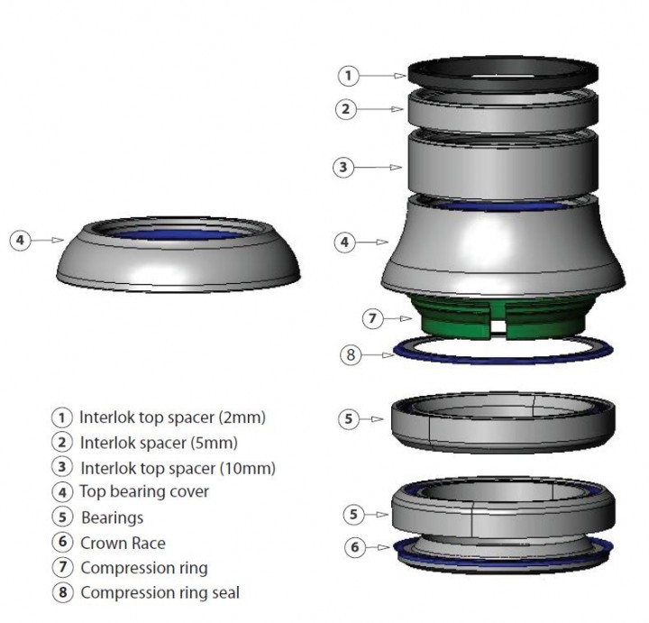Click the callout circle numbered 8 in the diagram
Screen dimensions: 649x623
pos(351,354)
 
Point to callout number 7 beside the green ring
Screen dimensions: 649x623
pos(372,318)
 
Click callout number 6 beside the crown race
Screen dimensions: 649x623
pos(355,547)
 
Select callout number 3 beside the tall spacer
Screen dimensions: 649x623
pos(343,167)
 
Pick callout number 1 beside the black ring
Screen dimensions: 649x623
pos(349,76)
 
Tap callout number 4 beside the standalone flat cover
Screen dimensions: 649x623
pos(20,240)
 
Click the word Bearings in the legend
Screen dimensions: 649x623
pos(112,518)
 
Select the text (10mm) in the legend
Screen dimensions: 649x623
pos(248,468)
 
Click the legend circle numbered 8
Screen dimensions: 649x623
pos(62,592)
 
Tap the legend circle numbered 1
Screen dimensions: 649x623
pos(62,417)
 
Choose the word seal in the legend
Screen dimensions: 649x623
pos(225,592)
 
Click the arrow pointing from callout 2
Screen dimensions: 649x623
pos(379,109)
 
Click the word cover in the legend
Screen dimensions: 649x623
pos(190,491)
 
